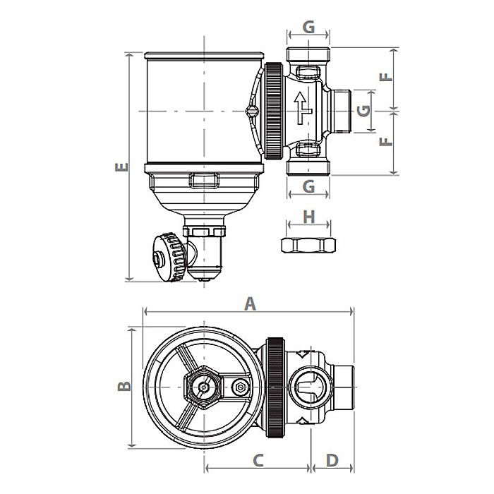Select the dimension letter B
coord(122,386)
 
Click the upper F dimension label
coord(385,78)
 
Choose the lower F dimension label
coord(385,142)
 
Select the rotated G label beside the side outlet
coord(363,111)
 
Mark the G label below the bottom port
coord(308,187)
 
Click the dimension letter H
coord(308,217)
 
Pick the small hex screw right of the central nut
coord(240,387)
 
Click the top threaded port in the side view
coord(308,55)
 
